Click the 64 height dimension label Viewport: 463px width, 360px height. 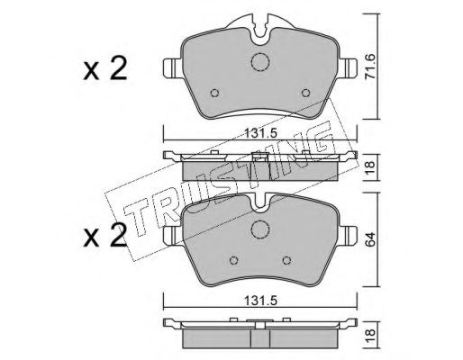370,239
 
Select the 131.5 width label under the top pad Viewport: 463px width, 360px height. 260,133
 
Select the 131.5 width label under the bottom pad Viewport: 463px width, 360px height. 260,301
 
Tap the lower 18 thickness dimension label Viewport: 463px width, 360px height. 370,332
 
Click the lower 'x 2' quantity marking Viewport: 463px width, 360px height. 105,236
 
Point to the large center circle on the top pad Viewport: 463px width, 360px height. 260,62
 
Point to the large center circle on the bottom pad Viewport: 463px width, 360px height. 260,229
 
